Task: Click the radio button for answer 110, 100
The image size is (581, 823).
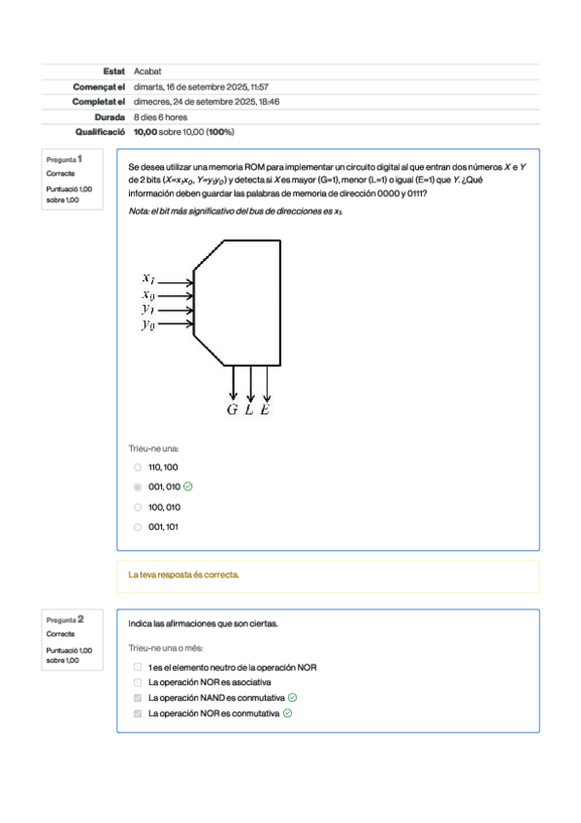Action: (138, 467)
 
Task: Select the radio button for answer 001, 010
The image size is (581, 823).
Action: (138, 487)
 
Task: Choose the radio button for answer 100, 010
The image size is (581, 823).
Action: (138, 508)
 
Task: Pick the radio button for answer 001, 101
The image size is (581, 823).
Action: (138, 528)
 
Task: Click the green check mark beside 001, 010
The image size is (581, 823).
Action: (187, 487)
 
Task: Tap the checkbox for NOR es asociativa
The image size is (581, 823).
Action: (138, 682)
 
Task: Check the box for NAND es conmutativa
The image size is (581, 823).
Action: (138, 698)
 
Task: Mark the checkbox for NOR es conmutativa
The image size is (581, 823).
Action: (138, 713)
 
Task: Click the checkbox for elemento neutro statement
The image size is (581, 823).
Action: (138, 668)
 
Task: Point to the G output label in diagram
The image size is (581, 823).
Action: (233, 410)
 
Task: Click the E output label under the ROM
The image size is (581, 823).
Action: (266, 410)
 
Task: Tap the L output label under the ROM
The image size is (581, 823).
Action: (249, 410)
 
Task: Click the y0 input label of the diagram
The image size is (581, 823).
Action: (147, 325)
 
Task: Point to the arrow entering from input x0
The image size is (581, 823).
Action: (177, 295)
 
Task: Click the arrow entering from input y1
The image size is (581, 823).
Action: (177, 311)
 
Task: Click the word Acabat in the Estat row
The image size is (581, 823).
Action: (147, 71)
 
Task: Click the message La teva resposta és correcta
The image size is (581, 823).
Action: (183, 576)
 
